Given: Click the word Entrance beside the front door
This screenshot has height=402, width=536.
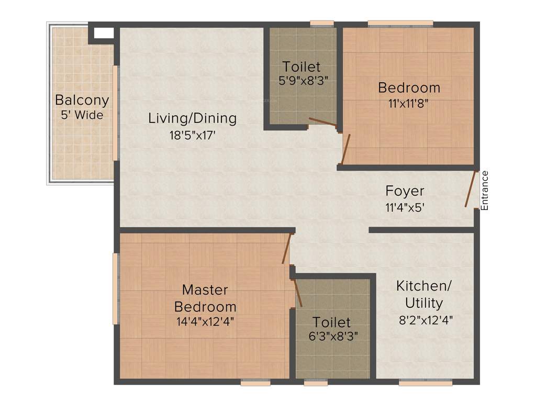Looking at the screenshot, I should (x=485, y=191).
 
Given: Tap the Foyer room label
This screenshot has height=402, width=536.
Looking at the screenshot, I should (x=405, y=191).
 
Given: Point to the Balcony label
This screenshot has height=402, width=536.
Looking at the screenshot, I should (x=82, y=100).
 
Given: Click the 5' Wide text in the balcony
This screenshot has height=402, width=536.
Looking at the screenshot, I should (x=82, y=115).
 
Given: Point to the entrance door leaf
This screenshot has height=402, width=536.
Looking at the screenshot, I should (x=470, y=189).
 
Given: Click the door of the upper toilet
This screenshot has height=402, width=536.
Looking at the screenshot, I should (x=322, y=122).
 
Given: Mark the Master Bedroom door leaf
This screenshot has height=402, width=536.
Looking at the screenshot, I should (x=286, y=248).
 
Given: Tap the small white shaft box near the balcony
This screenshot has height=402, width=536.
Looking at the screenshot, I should (x=104, y=33).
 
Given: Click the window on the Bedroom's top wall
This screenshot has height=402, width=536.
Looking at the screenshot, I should (x=400, y=23).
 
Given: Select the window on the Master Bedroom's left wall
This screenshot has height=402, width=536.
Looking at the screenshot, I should (x=116, y=288).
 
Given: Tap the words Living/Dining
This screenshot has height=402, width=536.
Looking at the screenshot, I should (x=192, y=118).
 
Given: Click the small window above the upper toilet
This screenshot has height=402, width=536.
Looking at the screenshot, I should (x=322, y=23).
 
